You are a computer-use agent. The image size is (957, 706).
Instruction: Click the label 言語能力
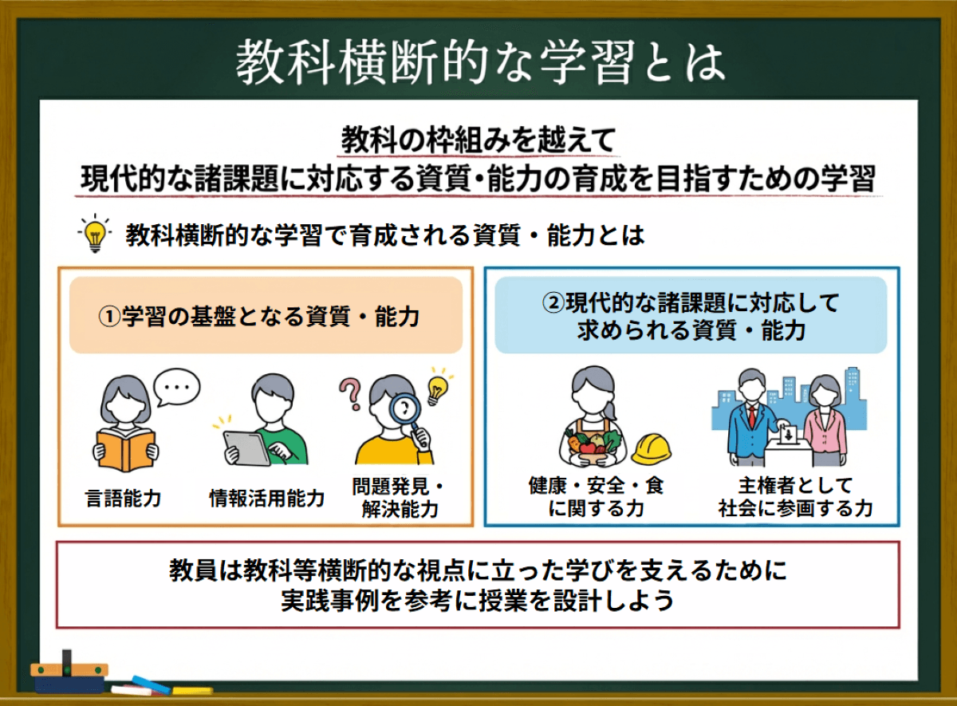[123, 499]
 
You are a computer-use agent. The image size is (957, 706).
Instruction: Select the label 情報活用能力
[266, 499]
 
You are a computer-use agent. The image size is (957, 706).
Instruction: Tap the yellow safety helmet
[651, 449]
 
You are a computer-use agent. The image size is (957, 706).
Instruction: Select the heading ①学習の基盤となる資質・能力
[266, 316]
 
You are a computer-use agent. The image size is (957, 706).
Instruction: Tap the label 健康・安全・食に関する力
[595, 496]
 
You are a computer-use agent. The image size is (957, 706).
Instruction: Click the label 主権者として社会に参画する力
[795, 496]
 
